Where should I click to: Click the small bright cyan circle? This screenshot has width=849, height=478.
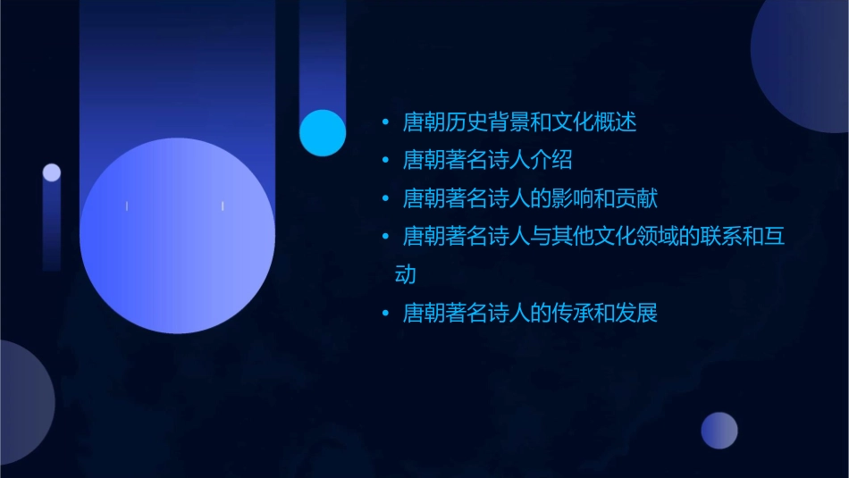coord(323,133)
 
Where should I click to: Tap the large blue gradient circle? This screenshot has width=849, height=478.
coord(177,236)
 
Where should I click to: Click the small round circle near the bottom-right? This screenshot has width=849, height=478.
coord(719,431)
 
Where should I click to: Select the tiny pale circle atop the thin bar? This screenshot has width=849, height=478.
coord(52,172)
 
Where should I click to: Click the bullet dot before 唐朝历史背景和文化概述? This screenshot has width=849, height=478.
coord(385,122)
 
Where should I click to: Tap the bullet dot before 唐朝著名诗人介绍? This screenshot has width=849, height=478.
coord(385,161)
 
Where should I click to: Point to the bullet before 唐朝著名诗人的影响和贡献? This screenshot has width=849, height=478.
coord(385,198)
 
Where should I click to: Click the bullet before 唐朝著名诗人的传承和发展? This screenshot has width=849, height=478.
coord(385,314)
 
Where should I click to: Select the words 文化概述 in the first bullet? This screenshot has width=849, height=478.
coord(594,122)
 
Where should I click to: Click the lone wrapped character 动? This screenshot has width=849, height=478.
coord(406,274)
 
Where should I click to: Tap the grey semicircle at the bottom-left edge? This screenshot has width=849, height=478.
coord(22,402)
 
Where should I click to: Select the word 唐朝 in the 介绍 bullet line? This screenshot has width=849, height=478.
coord(423,161)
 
